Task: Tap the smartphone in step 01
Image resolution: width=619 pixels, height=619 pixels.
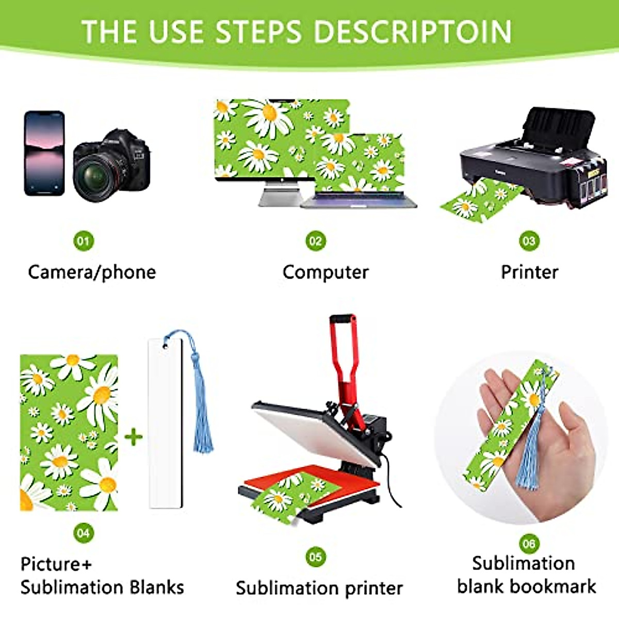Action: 44,153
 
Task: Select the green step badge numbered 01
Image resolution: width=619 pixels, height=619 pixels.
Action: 84,241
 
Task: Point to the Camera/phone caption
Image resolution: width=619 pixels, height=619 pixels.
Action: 92,272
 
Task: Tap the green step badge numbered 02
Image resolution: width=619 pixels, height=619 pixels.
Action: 315,241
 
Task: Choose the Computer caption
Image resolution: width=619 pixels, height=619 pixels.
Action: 325,272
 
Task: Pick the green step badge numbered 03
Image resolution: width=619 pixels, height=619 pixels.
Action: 529,241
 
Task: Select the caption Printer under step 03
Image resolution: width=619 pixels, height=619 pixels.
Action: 529,272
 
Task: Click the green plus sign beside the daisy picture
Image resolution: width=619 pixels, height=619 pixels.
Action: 134,437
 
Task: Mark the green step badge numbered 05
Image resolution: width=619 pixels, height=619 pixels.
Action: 315,557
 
